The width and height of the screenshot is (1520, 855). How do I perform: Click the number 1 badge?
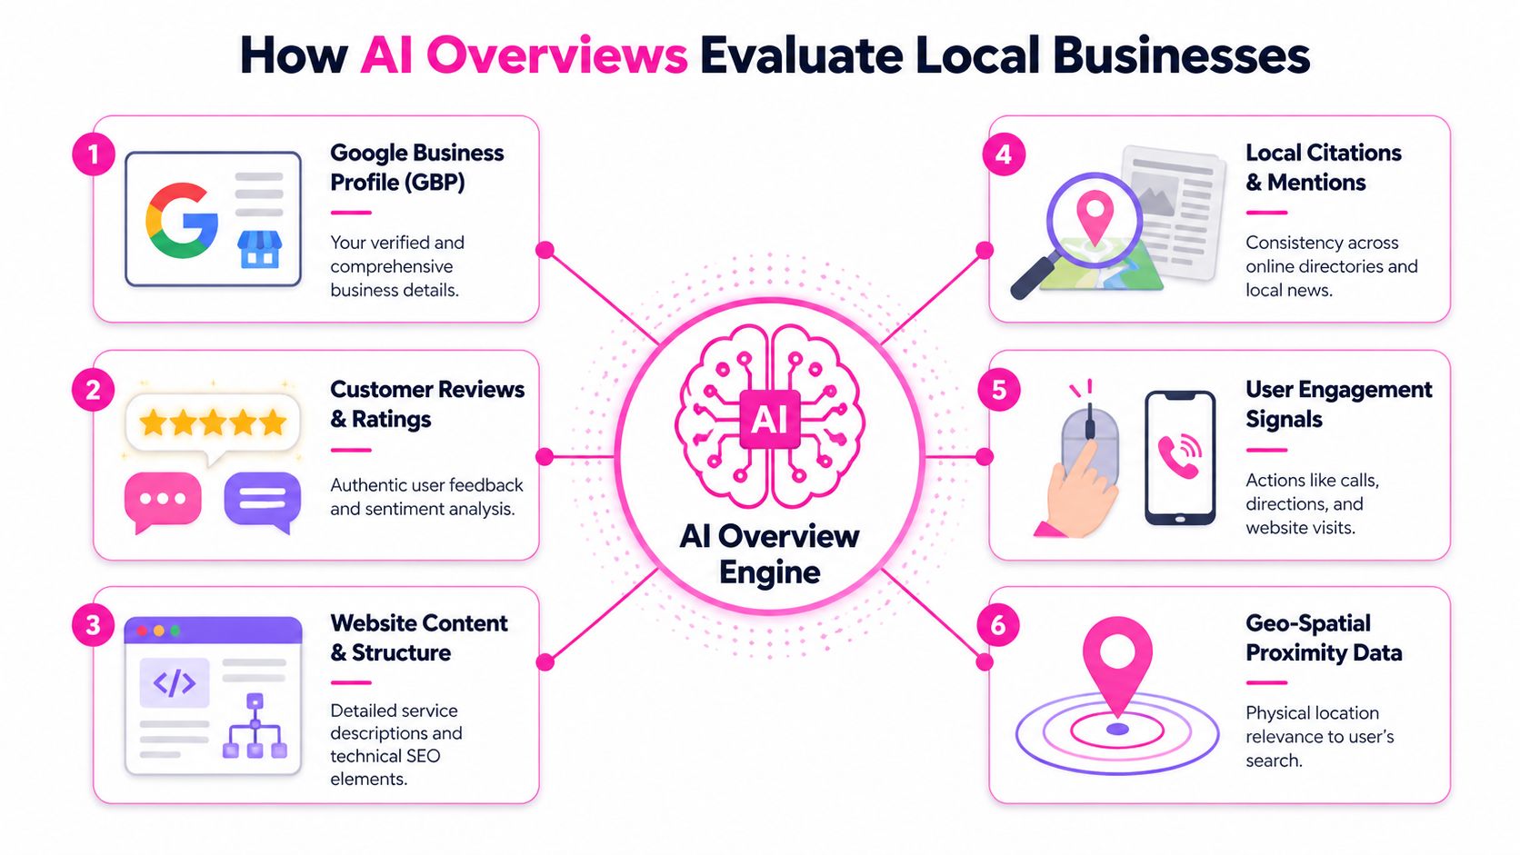[93, 155]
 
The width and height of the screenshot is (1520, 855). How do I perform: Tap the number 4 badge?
[1004, 155]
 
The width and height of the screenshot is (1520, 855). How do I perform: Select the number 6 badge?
[998, 625]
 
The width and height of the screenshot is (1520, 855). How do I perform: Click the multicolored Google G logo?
[182, 221]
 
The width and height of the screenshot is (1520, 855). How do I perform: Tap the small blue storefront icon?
[259, 249]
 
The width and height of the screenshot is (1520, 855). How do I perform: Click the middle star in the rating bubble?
[213, 423]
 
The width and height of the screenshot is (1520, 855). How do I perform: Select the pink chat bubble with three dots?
[163, 500]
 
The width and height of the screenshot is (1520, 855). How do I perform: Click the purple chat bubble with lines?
[262, 500]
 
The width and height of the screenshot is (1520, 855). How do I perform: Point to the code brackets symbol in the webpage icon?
[174, 683]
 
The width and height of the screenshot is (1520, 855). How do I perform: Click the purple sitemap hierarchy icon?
[255, 727]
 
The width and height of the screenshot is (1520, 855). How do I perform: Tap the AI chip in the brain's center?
[769, 419]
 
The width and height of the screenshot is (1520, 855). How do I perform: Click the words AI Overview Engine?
[769, 554]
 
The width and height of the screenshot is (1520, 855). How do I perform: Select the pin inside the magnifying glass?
[1095, 215]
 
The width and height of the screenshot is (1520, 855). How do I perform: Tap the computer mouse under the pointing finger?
[1090, 445]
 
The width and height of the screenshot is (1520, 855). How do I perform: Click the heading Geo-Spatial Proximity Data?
[1323, 638]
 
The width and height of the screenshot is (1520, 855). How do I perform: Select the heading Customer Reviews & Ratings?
[426, 404]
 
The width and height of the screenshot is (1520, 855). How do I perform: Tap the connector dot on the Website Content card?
[545, 662]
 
